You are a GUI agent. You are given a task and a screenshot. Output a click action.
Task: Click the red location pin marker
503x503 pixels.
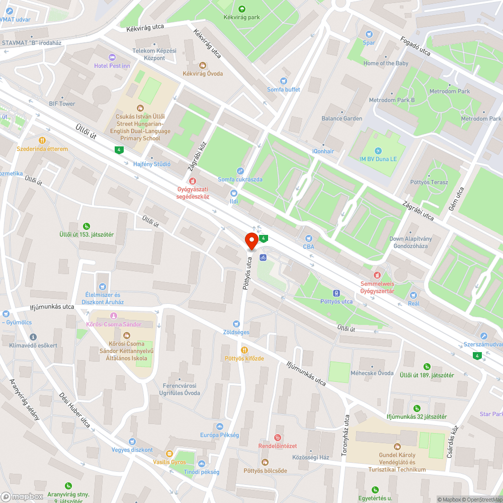pyautogui.click(x=251, y=241)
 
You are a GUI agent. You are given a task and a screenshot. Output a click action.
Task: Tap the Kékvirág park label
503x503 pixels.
pyautogui.click(x=241, y=17)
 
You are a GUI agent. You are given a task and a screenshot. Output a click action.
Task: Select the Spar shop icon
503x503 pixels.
pyautogui.click(x=369, y=34)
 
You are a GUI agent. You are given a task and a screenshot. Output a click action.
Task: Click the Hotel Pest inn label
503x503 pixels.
pyautogui.click(x=112, y=66)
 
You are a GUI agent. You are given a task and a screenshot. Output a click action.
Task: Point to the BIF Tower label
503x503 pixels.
pyautogui.click(x=62, y=104)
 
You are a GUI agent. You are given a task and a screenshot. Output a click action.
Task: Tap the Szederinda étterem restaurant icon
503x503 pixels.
pyautogui.click(x=42, y=140)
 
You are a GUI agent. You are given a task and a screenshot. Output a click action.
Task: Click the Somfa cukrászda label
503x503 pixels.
pyautogui.click(x=240, y=180)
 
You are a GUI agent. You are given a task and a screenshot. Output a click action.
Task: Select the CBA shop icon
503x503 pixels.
pyautogui.click(x=308, y=238)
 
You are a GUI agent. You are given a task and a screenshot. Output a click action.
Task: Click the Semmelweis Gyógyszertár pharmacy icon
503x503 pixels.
pyautogui.click(x=377, y=275)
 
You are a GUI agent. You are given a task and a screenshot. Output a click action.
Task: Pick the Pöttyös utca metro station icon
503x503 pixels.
pyautogui.click(x=337, y=293)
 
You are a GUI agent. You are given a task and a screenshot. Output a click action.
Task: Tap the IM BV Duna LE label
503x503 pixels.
pyautogui.click(x=378, y=159)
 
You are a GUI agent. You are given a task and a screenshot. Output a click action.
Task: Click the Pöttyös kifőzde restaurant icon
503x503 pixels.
pyautogui.click(x=244, y=350)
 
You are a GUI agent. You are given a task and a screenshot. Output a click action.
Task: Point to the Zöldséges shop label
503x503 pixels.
pyautogui.click(x=236, y=332)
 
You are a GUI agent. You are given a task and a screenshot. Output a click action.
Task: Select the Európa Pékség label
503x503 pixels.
pyautogui.click(x=219, y=435)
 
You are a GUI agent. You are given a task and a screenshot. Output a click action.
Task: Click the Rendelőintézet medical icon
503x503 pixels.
pyautogui.click(x=278, y=438)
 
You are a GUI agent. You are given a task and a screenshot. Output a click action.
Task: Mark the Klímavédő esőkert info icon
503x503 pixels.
pyautogui.click(x=33, y=337)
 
